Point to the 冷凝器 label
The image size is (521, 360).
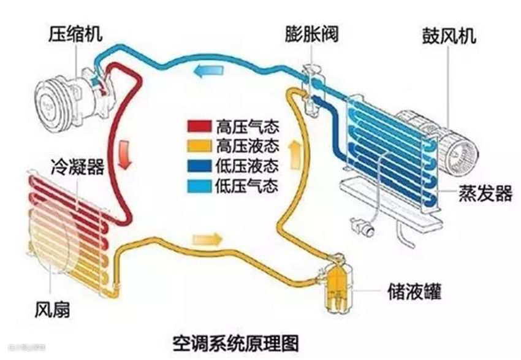pos(78,166)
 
